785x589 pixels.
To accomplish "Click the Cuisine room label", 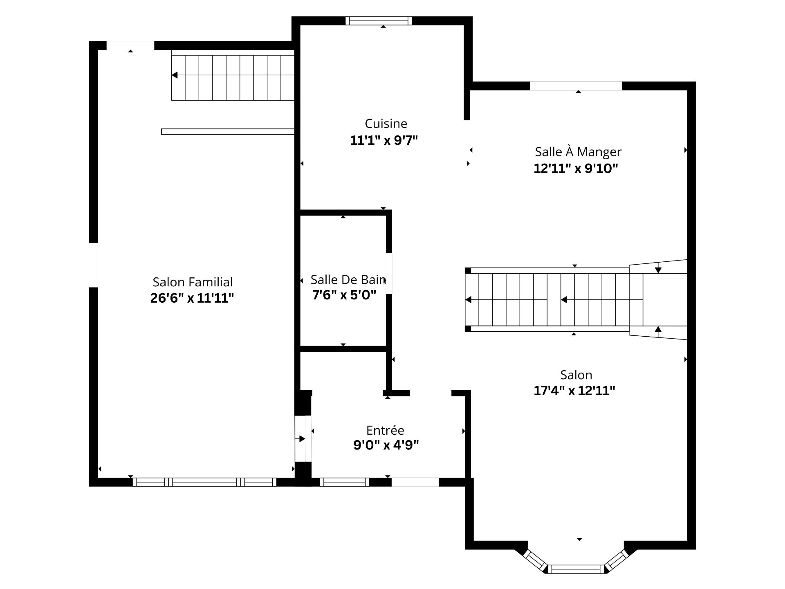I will tap(386, 124).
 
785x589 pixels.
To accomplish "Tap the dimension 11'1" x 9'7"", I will tap(384, 141).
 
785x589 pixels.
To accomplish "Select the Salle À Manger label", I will tap(578, 152).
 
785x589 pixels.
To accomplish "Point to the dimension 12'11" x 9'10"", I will tap(576, 169).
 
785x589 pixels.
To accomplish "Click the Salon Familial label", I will tap(193, 282).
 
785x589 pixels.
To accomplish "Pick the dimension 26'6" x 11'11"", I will tap(192, 298).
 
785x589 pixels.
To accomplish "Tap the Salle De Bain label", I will tap(348, 280).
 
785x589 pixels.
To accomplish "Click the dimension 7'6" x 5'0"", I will tap(344, 295).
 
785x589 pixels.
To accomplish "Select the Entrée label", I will tap(385, 430).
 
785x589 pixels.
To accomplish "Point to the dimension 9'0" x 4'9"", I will tap(386, 445).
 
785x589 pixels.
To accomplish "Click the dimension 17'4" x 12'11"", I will tap(574, 391).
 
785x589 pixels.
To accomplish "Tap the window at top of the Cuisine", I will tap(378, 21).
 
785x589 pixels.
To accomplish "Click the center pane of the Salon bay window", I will tap(576, 569).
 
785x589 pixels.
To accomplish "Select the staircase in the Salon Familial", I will tap(232, 76).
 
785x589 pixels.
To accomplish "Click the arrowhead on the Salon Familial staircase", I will tap(175, 75).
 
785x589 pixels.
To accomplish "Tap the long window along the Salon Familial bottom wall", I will tap(204, 482).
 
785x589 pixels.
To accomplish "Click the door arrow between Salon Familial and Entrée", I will tap(302, 439).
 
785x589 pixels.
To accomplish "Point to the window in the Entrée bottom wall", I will tap(344, 482).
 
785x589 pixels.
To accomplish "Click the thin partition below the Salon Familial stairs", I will tap(227, 132).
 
